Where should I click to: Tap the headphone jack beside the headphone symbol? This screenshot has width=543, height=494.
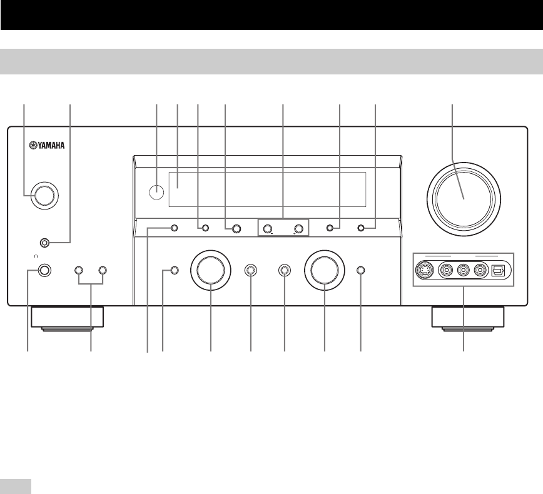[x=43, y=271]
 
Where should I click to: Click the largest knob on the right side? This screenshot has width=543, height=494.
[x=463, y=195]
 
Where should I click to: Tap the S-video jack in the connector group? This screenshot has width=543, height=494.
[x=425, y=271]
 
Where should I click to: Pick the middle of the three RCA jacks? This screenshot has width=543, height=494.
[x=464, y=271]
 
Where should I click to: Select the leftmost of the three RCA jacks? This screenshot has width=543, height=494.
[x=446, y=271]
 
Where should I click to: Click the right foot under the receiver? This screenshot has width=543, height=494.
[x=468, y=317]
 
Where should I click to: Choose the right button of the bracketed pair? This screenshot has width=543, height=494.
[x=103, y=271]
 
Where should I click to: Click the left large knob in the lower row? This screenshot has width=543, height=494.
[x=211, y=271]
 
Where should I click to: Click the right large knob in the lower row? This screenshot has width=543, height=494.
[x=325, y=271]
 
